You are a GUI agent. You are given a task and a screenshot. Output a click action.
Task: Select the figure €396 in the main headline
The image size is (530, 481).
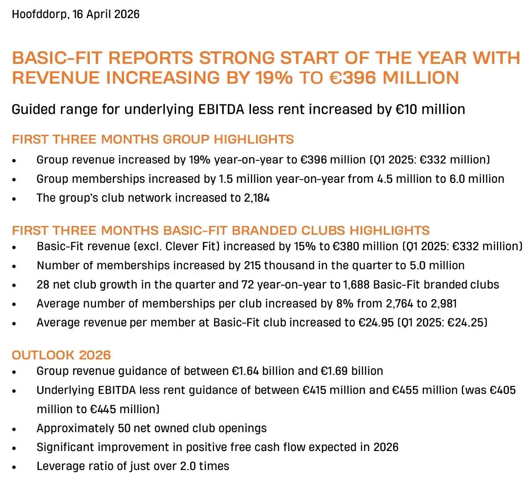pos(353,78)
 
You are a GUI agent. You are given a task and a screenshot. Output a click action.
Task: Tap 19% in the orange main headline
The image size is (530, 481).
pos(274,78)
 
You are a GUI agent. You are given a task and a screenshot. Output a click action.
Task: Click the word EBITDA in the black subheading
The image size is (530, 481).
pos(221,109)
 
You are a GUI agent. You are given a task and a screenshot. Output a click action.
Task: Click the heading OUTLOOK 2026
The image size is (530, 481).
pos(61,355)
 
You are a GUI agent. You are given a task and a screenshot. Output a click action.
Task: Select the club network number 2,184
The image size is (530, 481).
pos(257,198)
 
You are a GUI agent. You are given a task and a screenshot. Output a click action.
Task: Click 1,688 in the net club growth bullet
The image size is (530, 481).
pos(357,285)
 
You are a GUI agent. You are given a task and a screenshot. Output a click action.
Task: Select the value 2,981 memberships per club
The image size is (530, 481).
pos(444,303)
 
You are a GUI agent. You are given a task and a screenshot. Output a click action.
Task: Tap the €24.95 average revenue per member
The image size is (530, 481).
pos(376,322)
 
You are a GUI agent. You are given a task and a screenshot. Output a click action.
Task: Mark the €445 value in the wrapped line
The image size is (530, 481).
pos(103,409)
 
